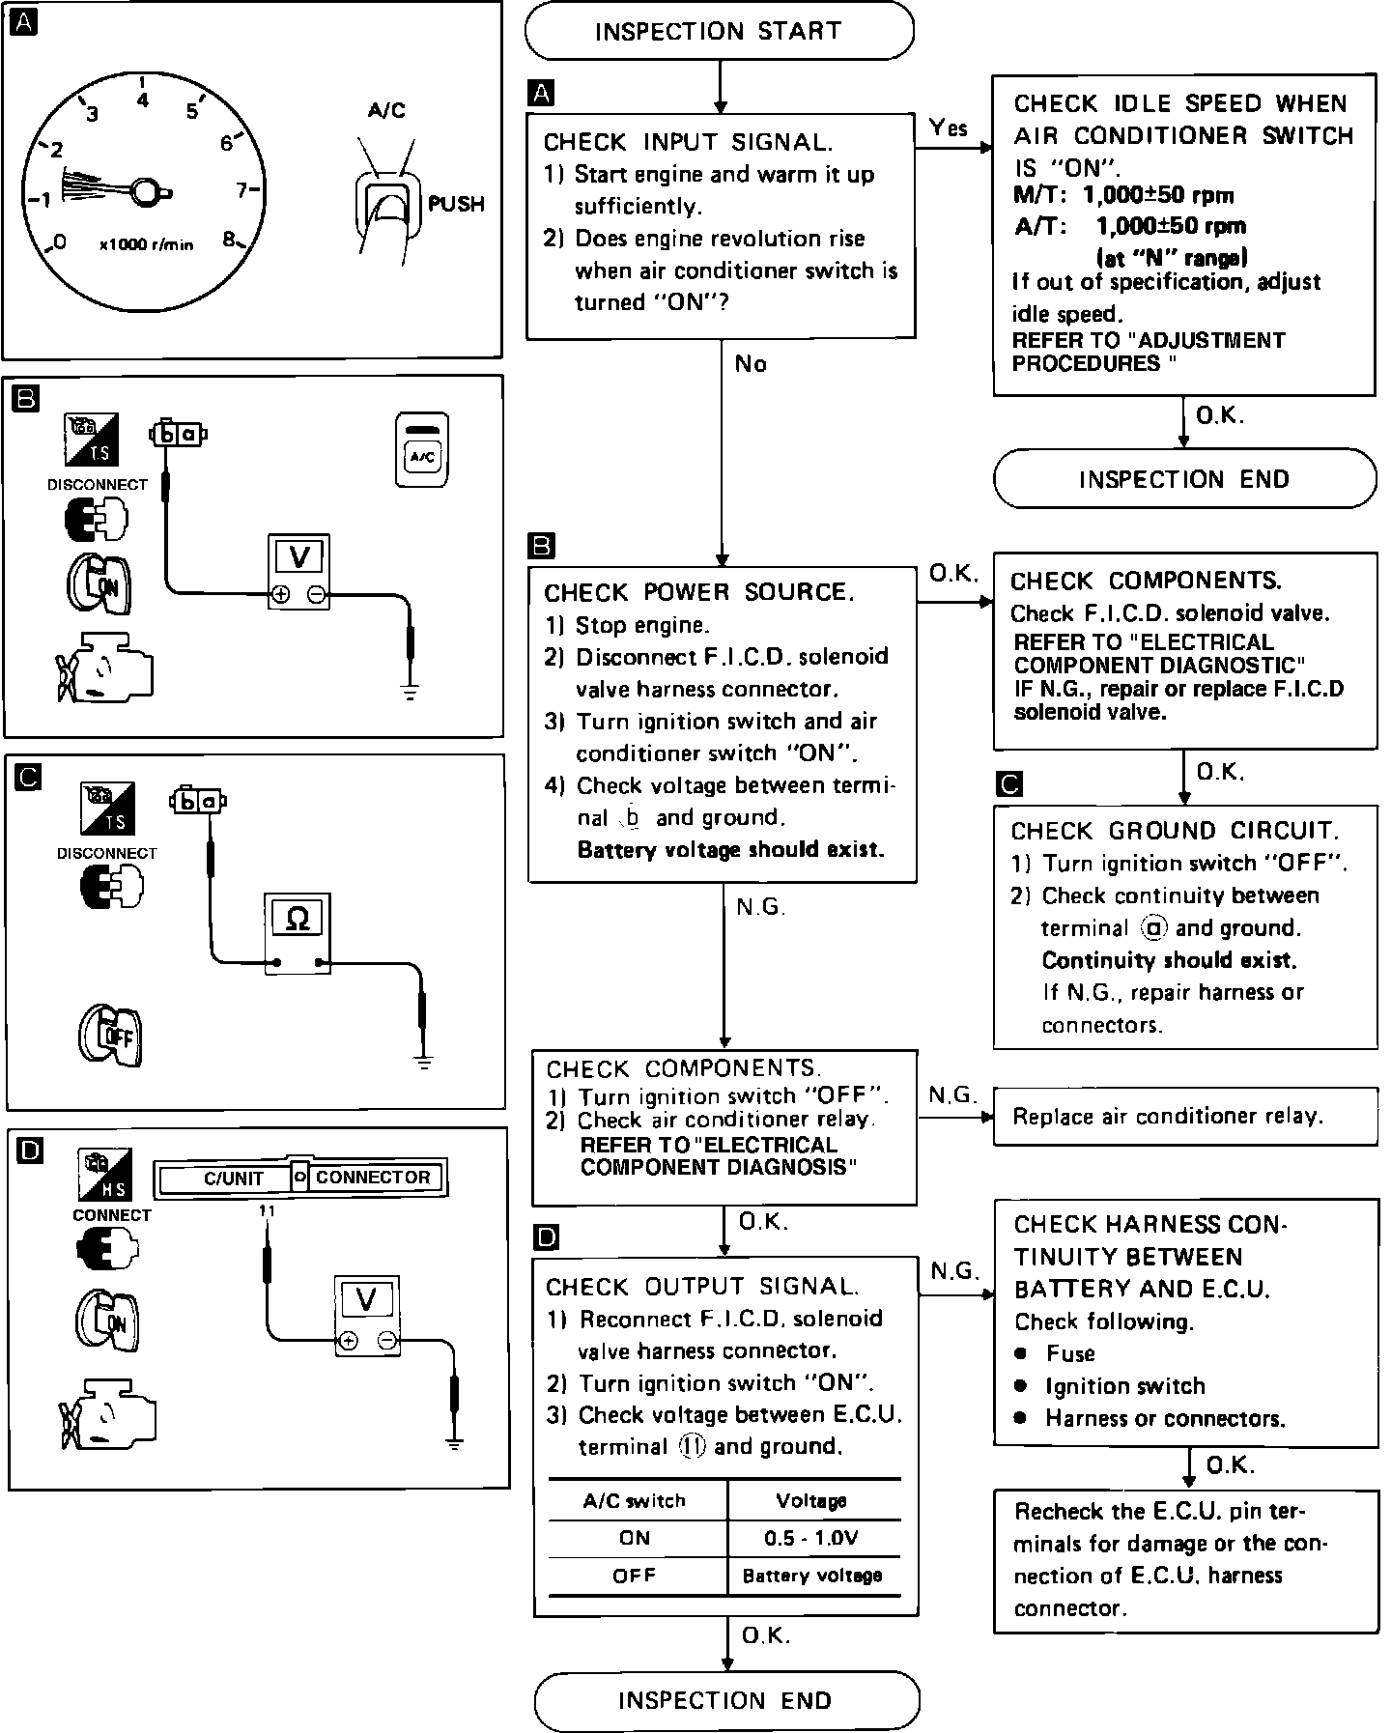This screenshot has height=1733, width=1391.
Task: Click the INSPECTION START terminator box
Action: (719, 32)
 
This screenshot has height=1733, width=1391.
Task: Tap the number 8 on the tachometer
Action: (230, 240)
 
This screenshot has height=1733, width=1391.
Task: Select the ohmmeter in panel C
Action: (298, 932)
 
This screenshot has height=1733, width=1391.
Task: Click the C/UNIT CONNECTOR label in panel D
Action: (300, 1178)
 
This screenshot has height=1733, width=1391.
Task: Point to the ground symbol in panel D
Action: (455, 1444)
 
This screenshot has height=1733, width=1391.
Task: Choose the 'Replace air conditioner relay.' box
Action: (1185, 1117)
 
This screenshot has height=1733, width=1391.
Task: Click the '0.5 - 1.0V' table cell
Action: (811, 1539)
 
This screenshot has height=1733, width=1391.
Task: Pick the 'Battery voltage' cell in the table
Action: (811, 1576)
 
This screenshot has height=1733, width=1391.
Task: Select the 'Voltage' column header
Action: (811, 1501)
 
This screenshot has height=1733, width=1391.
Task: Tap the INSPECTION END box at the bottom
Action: (725, 1700)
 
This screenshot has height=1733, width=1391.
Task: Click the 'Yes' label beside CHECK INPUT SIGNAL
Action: (949, 128)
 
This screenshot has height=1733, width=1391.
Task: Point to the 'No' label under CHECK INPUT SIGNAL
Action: (751, 364)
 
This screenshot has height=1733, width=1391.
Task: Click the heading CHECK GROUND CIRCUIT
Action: (1175, 831)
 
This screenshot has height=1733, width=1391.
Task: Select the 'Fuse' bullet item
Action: (1070, 1353)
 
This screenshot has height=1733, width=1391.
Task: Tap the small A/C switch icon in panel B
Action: (423, 450)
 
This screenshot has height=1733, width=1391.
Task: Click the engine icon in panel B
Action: (103, 666)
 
